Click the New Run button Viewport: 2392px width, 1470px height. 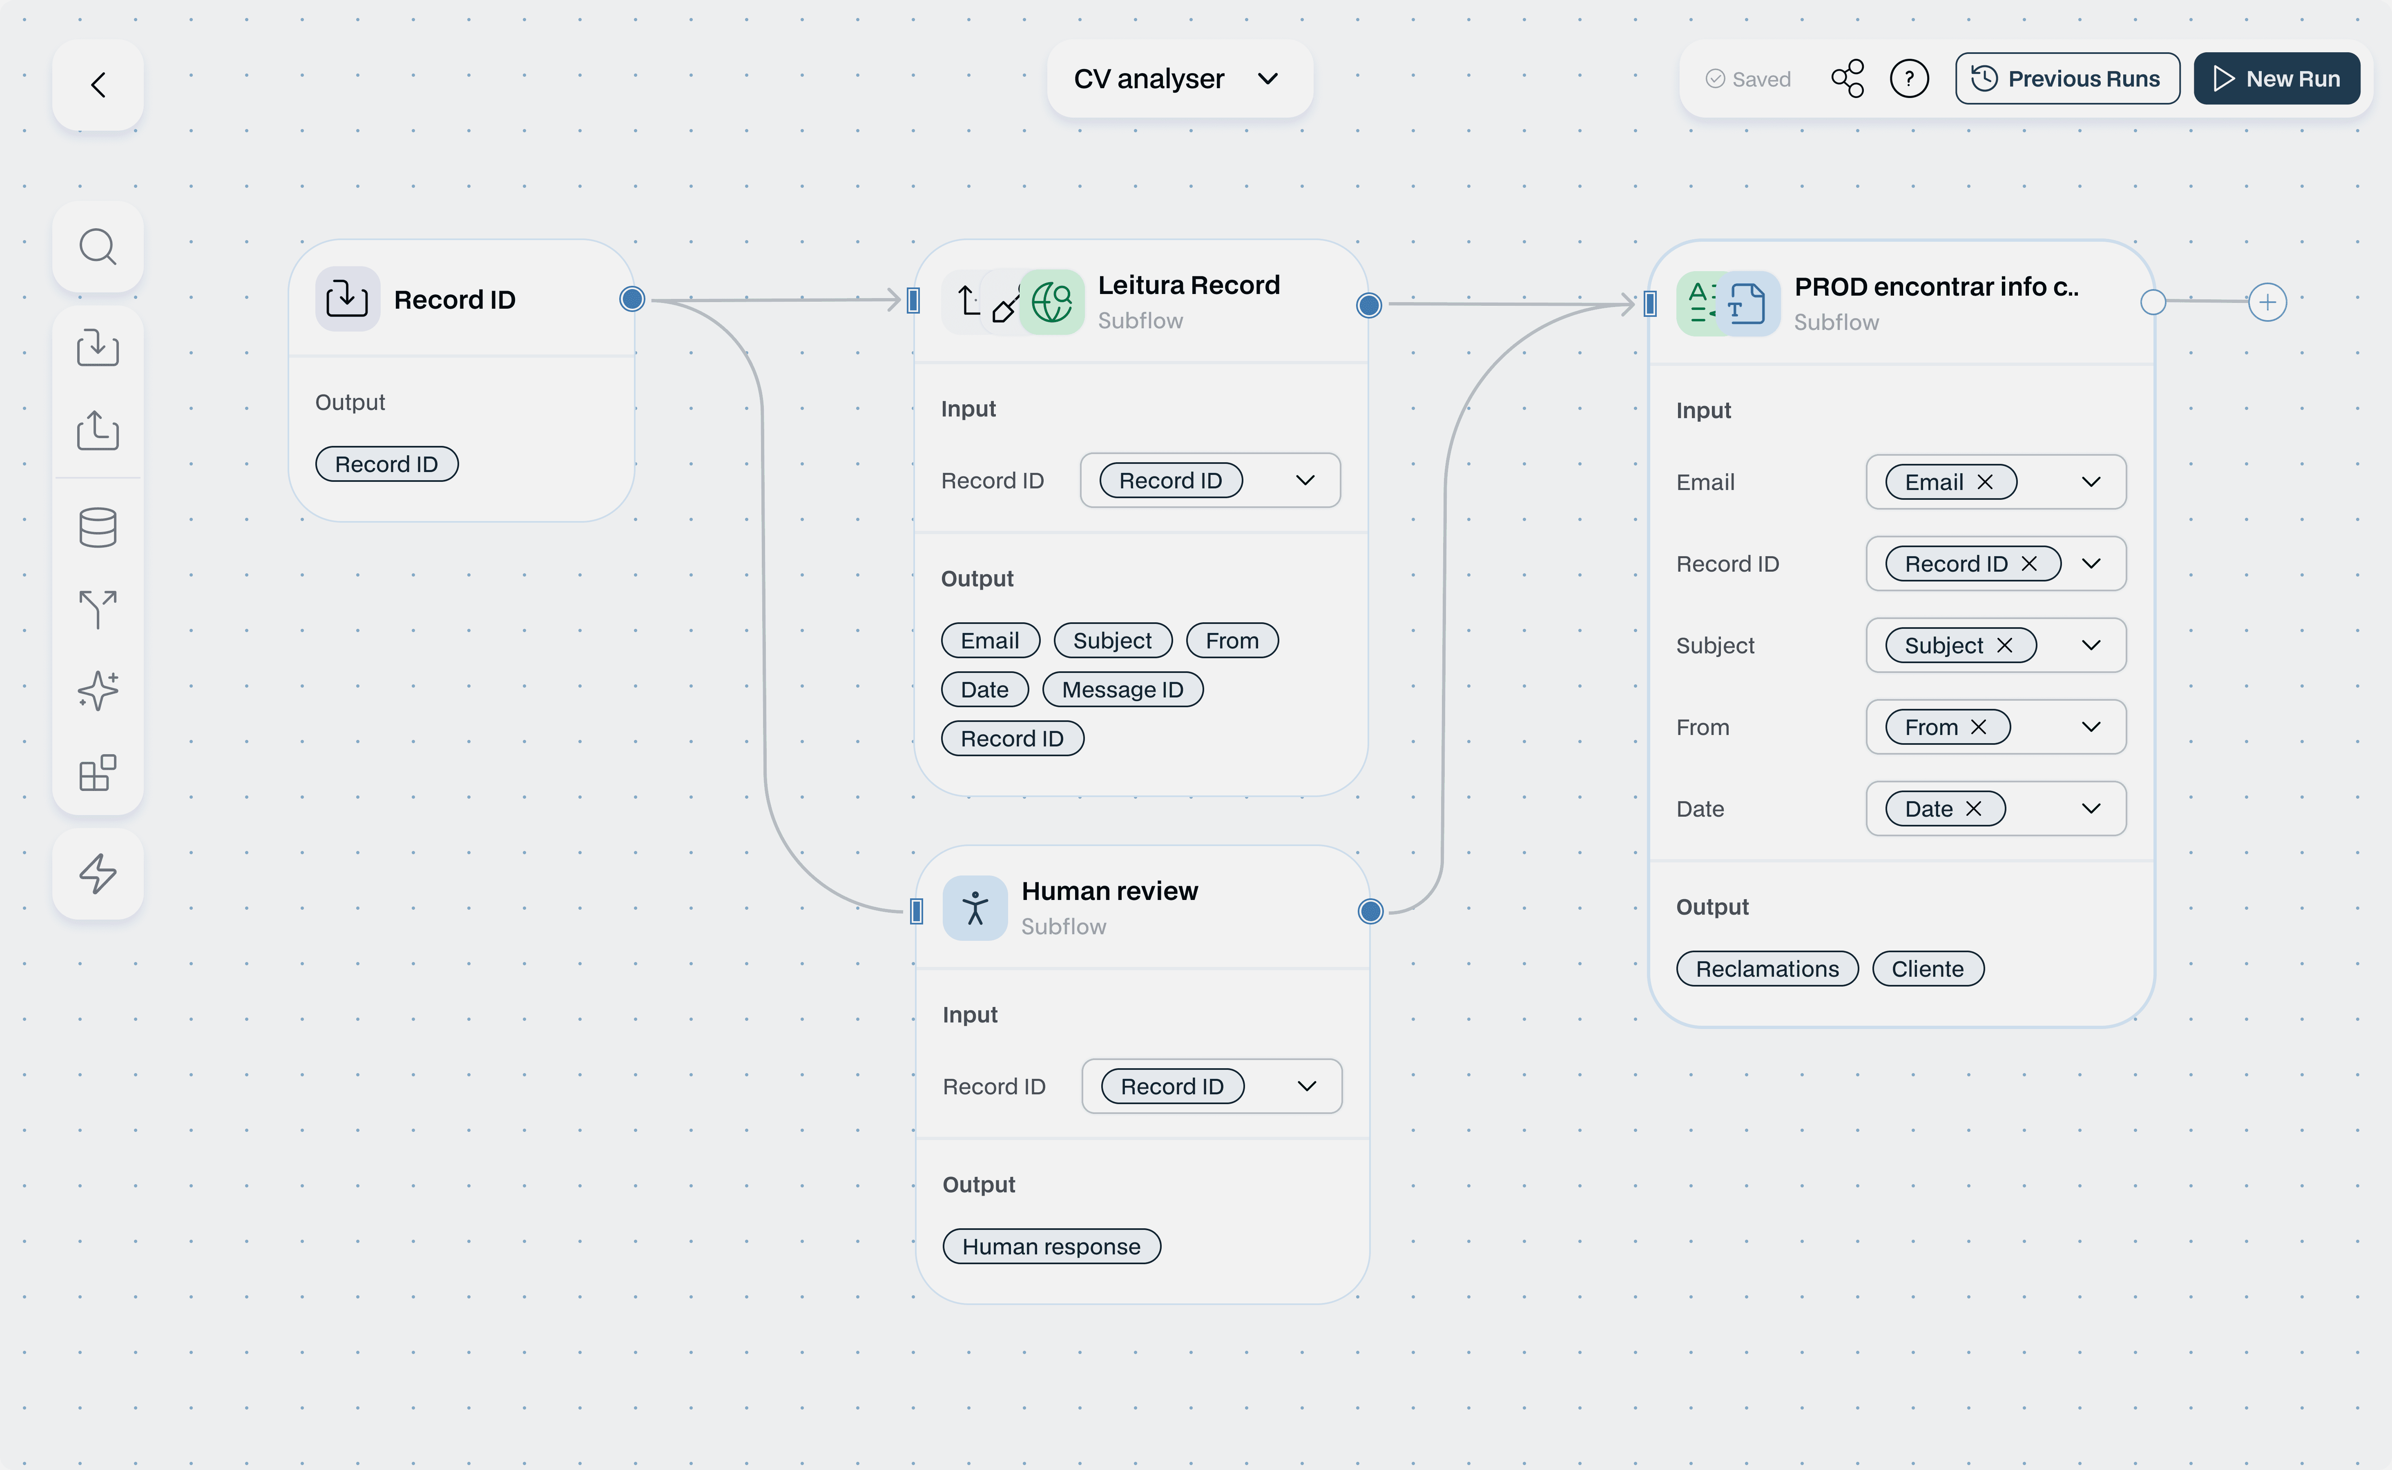coord(2276,79)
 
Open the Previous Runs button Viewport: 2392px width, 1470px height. coord(2067,79)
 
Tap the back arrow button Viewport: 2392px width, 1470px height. coord(98,85)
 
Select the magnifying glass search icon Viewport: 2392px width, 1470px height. coord(98,247)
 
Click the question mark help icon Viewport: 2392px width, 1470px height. coord(1909,79)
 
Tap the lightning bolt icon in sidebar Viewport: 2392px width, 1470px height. coord(98,873)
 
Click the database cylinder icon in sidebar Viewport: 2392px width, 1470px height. coord(98,527)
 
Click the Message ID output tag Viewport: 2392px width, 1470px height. coord(1122,689)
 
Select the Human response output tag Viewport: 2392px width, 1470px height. coord(1051,1246)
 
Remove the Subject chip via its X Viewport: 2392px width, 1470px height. coord(2004,646)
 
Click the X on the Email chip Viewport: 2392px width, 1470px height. coord(1985,482)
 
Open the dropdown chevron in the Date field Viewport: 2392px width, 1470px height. coord(2091,809)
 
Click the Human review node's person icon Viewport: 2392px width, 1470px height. coord(974,908)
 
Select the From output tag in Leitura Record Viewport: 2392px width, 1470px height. coord(1232,641)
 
